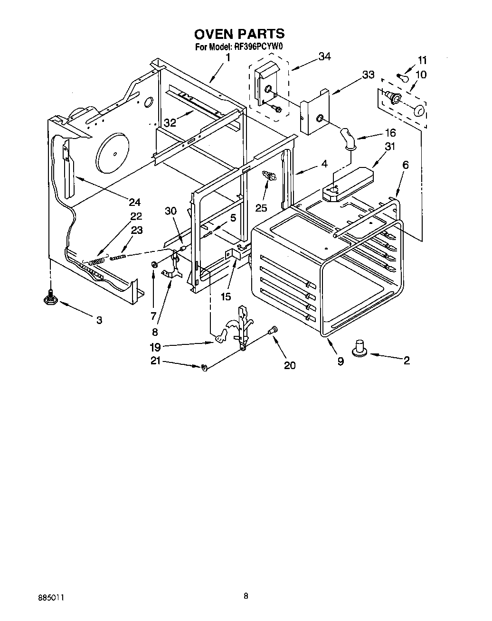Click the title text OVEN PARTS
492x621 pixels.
pos(239,34)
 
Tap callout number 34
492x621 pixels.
pos(324,56)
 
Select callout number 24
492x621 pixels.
pos(134,202)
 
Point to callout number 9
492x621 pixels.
pos(340,361)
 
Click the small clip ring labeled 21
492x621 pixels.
pos(204,366)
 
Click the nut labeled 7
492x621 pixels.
pos(154,264)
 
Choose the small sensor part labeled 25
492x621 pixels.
pos(269,176)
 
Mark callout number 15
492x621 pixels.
pos(226,297)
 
